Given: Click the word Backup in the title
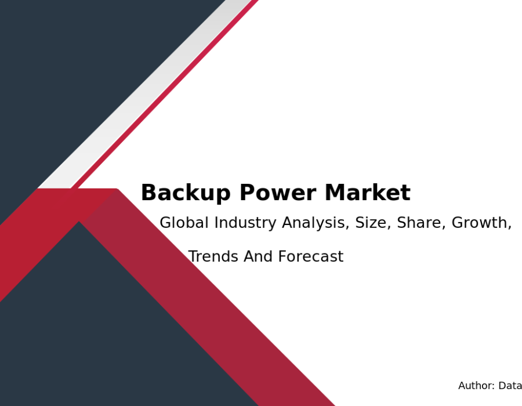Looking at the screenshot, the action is (186, 193).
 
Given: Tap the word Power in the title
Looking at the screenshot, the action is (278, 193).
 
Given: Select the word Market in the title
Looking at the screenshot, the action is (368, 193).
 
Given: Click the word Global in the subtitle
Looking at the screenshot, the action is (184, 223).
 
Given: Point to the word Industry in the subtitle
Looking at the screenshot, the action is (245, 223).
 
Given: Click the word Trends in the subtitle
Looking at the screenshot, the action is (213, 256).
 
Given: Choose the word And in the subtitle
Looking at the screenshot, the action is (258, 256).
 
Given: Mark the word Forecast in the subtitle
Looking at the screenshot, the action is (311, 256).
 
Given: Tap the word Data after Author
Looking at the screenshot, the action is (510, 386).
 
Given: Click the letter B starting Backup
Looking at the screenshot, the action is (148, 193).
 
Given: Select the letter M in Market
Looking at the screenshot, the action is (334, 193).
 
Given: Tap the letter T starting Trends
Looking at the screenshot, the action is (194, 256).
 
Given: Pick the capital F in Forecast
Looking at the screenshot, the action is (282, 256).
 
